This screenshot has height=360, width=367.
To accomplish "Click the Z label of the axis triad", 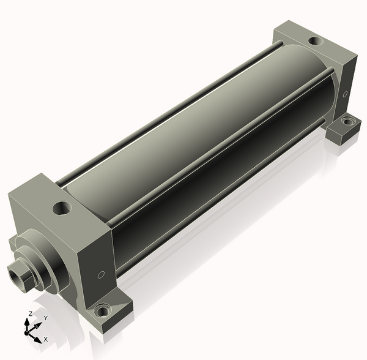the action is [30, 313].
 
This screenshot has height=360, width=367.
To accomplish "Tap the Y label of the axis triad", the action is [46, 318].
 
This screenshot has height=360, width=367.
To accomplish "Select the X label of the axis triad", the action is [46, 339].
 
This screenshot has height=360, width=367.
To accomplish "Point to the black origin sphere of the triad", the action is [26, 333].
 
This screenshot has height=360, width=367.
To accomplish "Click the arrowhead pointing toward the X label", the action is [38, 340].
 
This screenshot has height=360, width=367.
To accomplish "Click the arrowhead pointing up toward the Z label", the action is [27, 322].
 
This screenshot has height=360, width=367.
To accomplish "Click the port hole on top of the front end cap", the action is [62, 208].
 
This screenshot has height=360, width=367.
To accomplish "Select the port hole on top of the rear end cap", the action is [316, 42].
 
